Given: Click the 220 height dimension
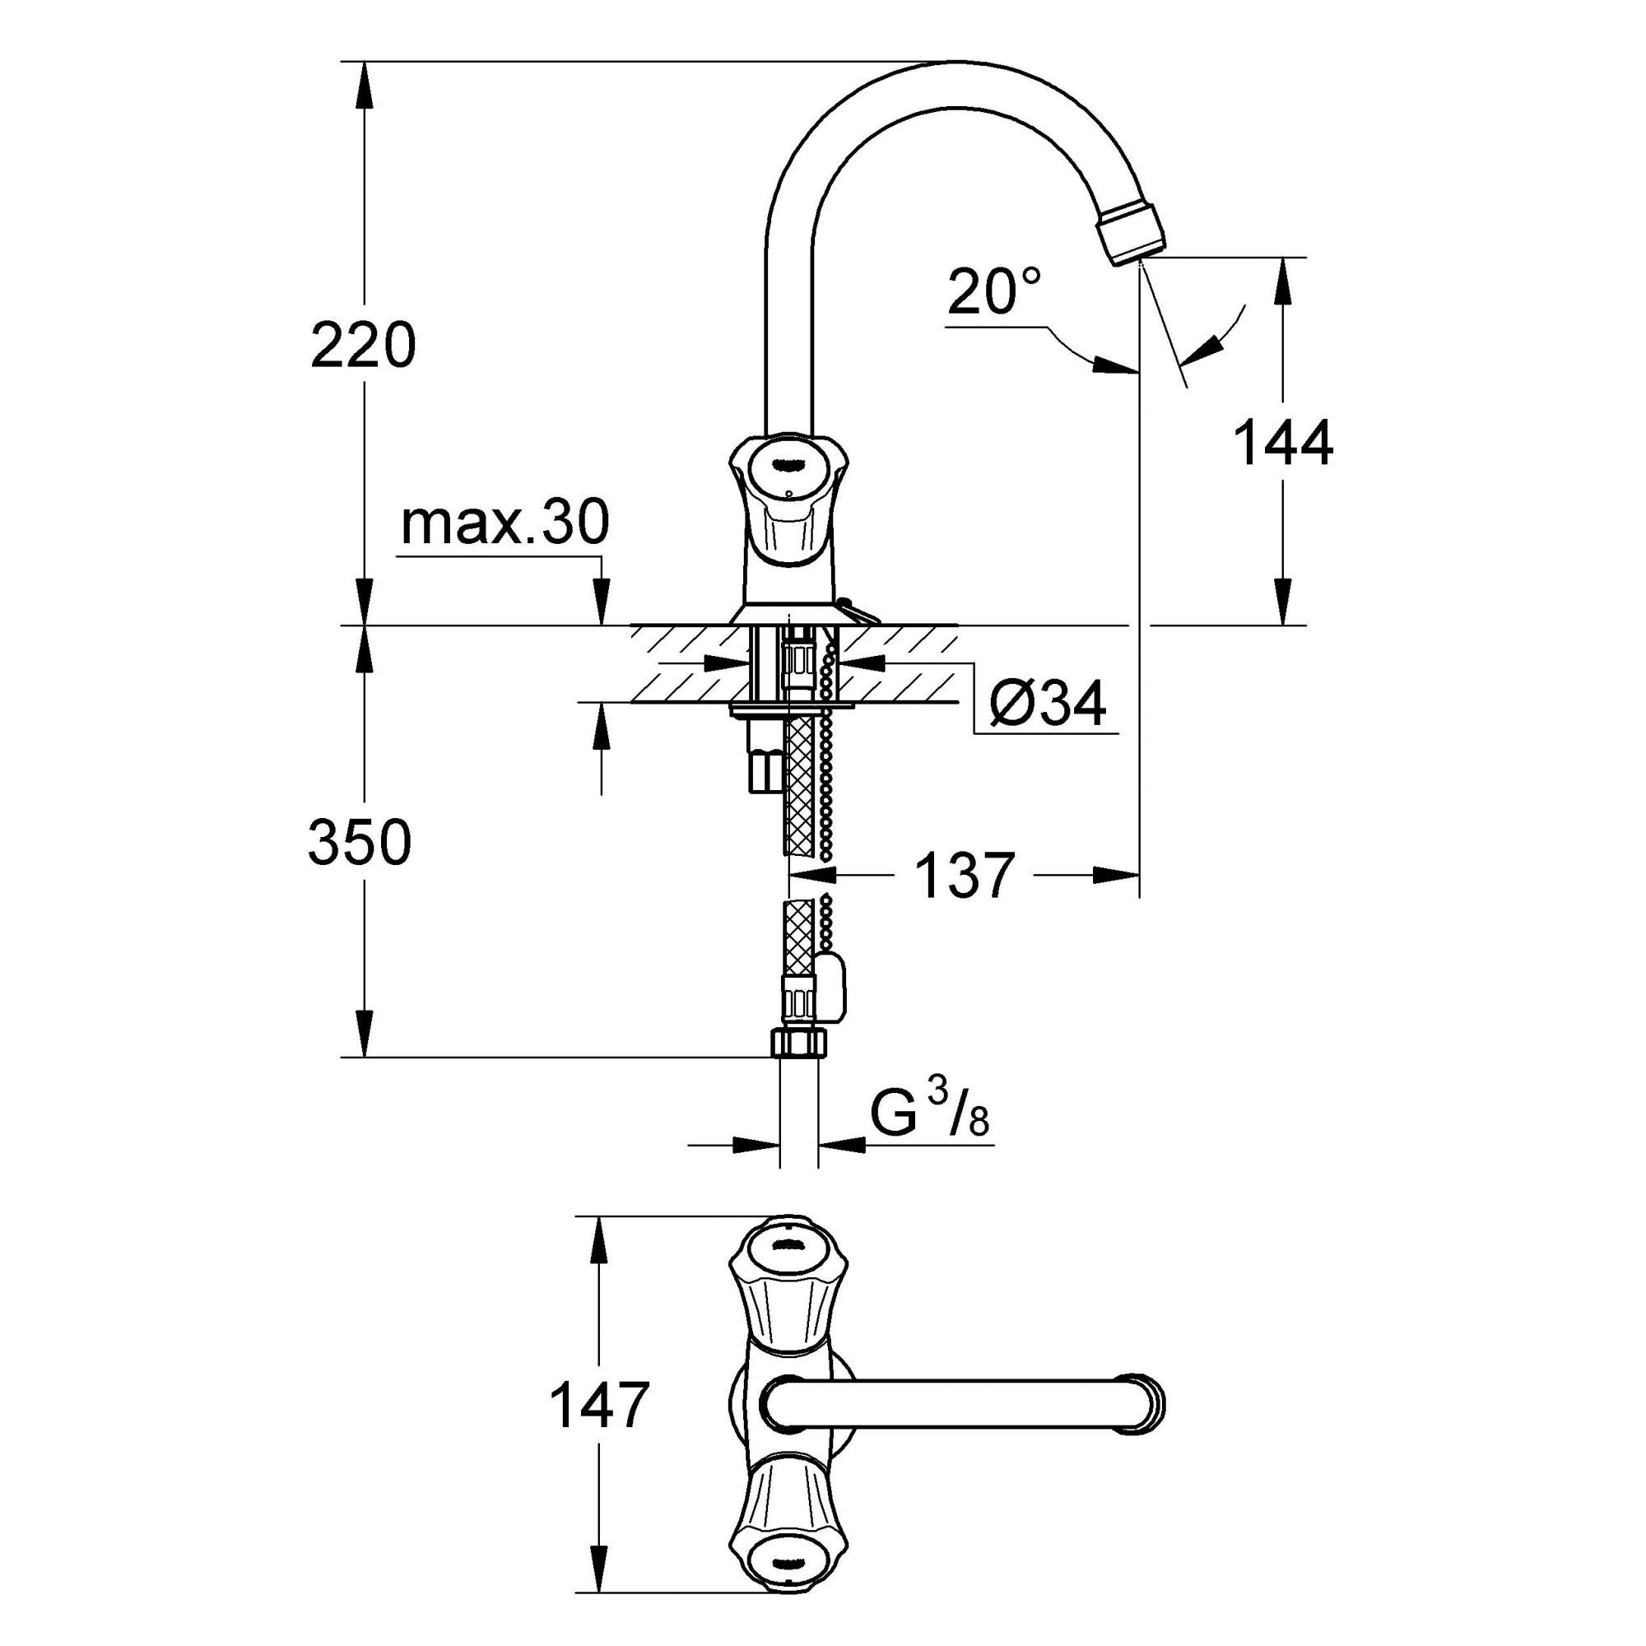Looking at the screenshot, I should pos(363,345).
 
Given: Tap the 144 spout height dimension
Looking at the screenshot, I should pos(1283,444).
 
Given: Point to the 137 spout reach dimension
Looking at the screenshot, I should pos(965,875).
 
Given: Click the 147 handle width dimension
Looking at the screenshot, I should pos(600,1406).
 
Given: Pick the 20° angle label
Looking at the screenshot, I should pos(993,291).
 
